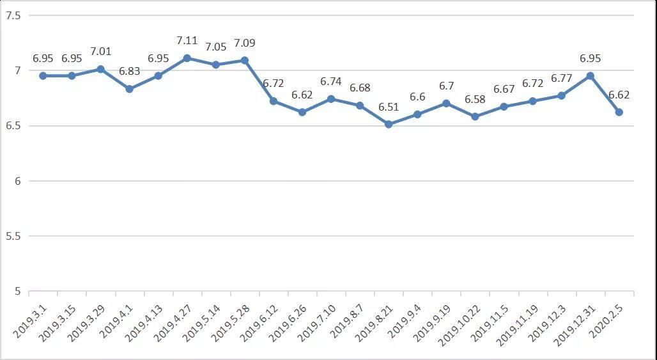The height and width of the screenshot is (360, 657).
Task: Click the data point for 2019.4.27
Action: [187, 58]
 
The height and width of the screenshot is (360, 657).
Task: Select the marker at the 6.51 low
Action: [389, 124]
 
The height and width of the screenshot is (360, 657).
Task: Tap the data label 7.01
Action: [100, 51]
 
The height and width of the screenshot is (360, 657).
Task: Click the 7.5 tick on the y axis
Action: [13, 15]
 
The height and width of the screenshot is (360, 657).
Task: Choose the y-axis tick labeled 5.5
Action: [13, 236]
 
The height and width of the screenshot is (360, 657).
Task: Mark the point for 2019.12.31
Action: [591, 75]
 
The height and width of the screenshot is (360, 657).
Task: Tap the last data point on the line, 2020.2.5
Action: [619, 112]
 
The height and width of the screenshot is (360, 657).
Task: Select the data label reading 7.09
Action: [244, 43]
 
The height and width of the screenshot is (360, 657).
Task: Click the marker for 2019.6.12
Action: [274, 101]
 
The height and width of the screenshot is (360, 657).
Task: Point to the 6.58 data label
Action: [475, 99]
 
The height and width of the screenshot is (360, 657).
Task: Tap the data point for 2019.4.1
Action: [129, 89]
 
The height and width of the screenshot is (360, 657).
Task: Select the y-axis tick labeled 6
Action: [16, 181]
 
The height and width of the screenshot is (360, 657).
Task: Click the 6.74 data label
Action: [331, 82]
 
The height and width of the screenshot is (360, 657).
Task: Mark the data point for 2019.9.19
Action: [446, 103]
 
